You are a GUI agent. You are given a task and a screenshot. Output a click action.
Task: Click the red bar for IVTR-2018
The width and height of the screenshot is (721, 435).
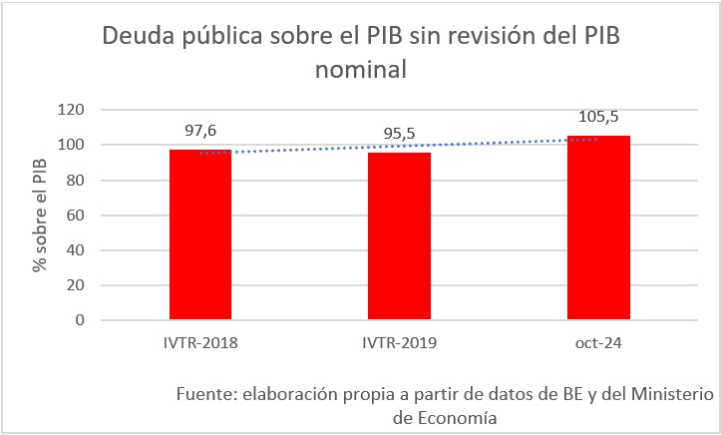pos(200,235)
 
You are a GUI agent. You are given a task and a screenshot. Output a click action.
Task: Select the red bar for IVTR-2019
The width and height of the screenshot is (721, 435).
pos(399,236)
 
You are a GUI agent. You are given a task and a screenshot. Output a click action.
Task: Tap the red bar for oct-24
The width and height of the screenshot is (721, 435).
pos(597,228)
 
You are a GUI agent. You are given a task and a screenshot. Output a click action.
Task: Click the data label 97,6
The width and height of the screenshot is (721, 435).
pos(200,130)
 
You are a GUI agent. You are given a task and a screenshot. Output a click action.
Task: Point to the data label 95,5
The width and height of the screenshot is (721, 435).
pos(399,134)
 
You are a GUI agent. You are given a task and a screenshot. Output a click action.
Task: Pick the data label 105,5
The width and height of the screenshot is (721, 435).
pos(597,116)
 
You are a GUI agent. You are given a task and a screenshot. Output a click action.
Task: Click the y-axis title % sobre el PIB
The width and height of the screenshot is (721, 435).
pos(39,216)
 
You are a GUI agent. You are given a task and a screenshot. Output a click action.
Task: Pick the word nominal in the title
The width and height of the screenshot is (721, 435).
pos(362,71)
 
